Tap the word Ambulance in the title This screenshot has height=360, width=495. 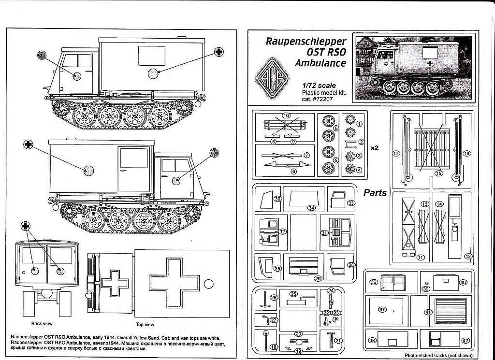(321, 63)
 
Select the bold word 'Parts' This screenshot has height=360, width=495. (376, 192)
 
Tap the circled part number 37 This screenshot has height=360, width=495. (382, 309)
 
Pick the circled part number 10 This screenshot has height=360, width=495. (286, 115)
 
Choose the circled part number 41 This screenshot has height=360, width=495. (428, 312)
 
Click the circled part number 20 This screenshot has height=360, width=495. (298, 333)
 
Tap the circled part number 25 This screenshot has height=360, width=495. (293, 294)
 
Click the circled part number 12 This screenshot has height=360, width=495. (467, 256)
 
